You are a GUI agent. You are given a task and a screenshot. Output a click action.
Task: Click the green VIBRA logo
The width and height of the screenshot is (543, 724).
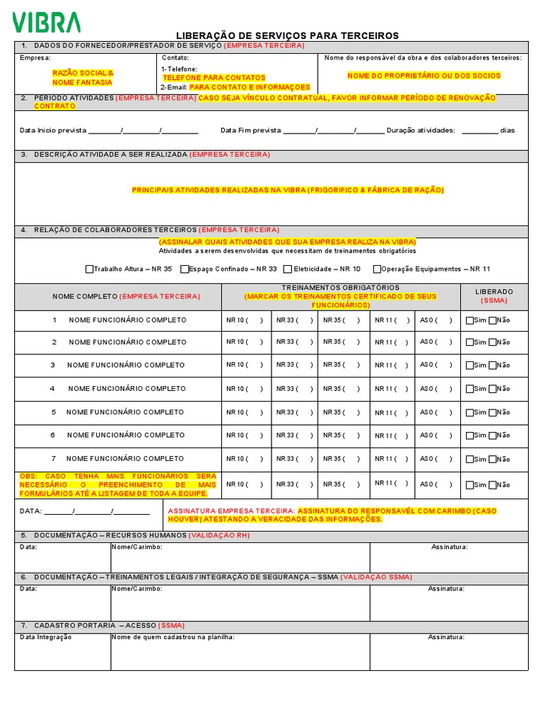pyautogui.click(x=47, y=22)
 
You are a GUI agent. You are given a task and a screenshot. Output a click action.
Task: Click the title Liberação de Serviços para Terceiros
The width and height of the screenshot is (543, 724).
pyautogui.click(x=287, y=35)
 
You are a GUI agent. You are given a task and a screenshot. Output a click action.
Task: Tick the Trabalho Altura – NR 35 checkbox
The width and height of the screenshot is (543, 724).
pyautogui.click(x=90, y=269)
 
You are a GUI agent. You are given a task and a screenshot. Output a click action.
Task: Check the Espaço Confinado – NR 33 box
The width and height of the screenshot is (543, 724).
pyautogui.click(x=185, y=269)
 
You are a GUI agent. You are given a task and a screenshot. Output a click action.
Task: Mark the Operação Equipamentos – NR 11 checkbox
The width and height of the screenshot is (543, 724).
pyautogui.click(x=377, y=269)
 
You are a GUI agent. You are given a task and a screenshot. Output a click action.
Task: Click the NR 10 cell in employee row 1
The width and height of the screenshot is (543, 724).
pyautogui.click(x=245, y=320)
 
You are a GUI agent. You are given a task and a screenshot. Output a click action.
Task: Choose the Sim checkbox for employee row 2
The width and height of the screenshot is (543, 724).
pyautogui.click(x=470, y=342)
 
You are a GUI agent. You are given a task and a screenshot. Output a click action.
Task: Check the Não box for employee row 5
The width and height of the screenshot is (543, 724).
pyautogui.click(x=493, y=413)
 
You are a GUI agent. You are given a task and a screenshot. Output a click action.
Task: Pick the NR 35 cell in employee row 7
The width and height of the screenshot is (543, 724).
pyautogui.click(x=341, y=459)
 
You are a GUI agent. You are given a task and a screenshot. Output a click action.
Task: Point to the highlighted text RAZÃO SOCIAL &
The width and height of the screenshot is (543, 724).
pyautogui.click(x=83, y=73)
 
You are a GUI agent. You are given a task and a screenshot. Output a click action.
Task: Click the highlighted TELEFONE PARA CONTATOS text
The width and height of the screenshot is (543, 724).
pyautogui.click(x=214, y=78)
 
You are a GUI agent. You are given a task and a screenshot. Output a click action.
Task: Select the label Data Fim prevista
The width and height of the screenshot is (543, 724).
pyautogui.click(x=251, y=130)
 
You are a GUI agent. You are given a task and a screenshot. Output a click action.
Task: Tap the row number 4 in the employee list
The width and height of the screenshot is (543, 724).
pyautogui.click(x=52, y=389)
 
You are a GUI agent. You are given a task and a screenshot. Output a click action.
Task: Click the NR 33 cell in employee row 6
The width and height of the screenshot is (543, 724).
pyautogui.click(x=294, y=436)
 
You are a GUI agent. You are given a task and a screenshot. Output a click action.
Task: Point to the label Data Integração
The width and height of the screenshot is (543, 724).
pyautogui.click(x=45, y=637)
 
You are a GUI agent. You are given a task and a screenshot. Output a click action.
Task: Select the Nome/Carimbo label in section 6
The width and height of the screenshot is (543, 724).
pyautogui.click(x=137, y=588)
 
